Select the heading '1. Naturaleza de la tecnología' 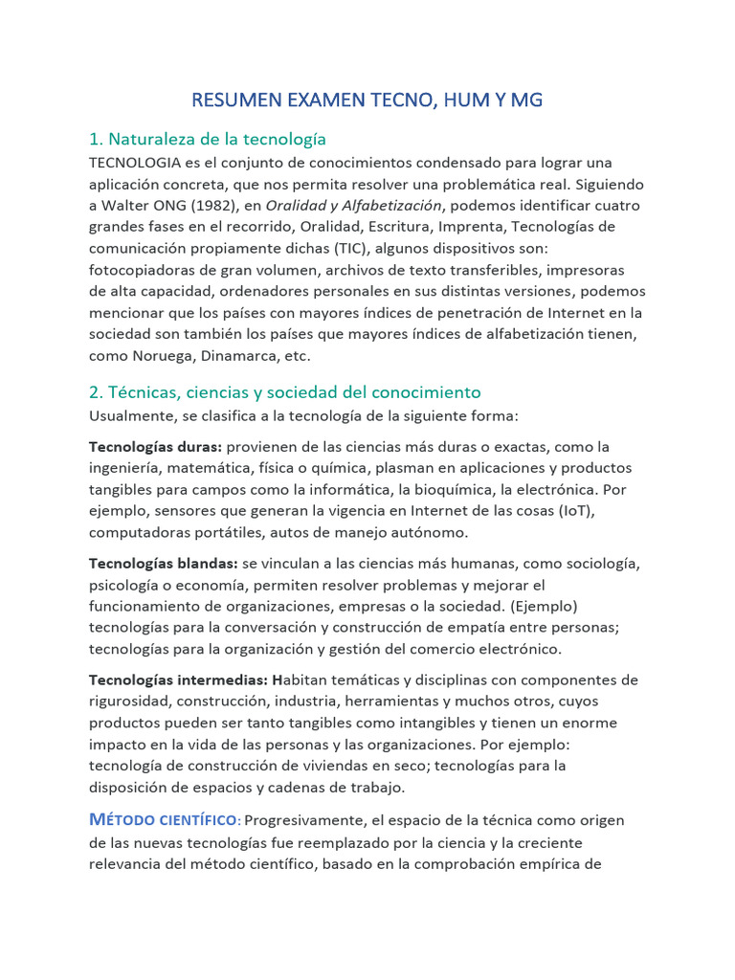208,139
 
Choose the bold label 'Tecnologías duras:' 156,447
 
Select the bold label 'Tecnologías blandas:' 164,563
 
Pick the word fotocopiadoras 145,269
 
